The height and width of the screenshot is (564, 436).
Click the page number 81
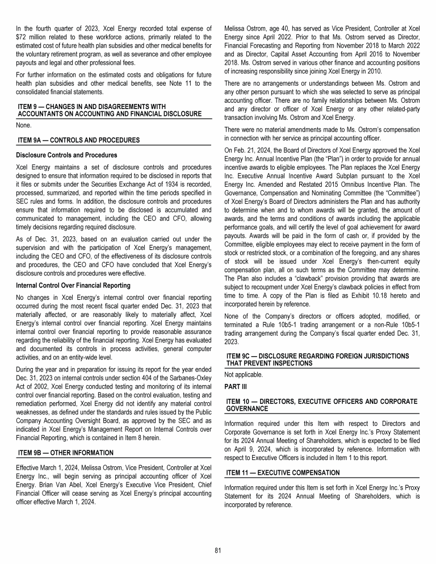(x=218, y=550)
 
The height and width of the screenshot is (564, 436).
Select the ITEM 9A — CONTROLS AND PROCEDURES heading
(x=79, y=140)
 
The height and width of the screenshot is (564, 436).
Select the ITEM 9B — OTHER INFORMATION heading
(x=66, y=453)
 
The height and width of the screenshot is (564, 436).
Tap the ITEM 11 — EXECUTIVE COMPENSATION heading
(x=283, y=473)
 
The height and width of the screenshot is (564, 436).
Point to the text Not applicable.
(x=244, y=375)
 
